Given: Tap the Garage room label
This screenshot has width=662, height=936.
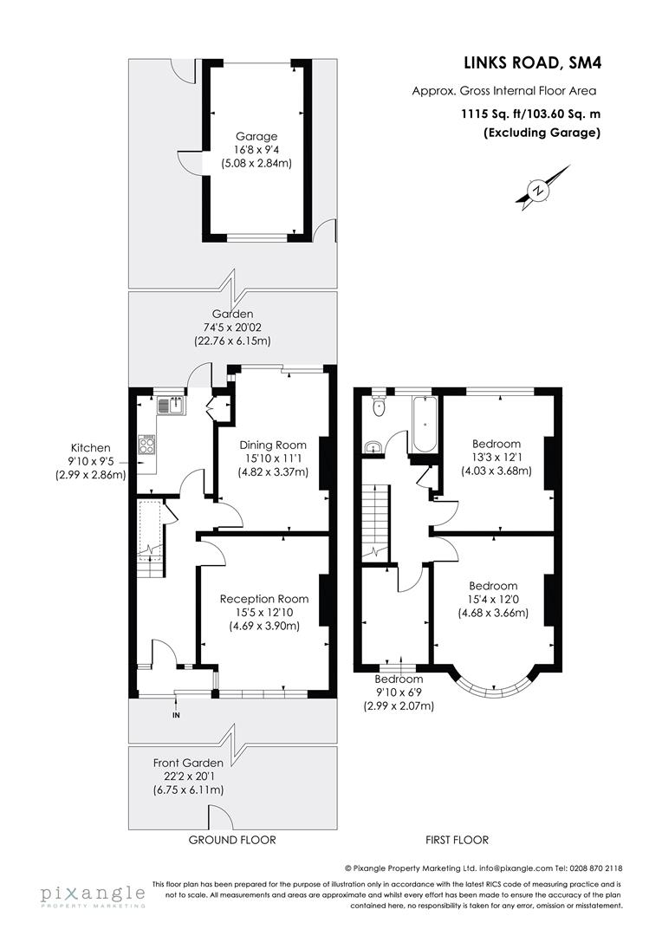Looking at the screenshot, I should coord(256,136).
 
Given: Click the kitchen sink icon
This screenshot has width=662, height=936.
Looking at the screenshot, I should coord(171,404).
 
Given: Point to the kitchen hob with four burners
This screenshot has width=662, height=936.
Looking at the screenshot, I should coord(147,446).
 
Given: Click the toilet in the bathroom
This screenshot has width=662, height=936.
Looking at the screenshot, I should coord(378,406).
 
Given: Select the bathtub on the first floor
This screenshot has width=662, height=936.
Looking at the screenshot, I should coord(425,425).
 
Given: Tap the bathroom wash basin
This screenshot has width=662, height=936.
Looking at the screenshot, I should coord(373,447).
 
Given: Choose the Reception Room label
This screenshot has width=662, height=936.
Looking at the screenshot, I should coord(264,599).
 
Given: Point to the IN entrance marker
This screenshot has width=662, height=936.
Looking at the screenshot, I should coord(176,715).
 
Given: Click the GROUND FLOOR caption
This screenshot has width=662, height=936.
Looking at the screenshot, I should coord(232,840).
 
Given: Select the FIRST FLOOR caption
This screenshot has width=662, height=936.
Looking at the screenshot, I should coord(457,840).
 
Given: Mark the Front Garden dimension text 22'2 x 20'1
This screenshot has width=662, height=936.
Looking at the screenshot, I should coord(188,776).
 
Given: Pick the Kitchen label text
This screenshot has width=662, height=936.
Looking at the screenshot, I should coord(91,447).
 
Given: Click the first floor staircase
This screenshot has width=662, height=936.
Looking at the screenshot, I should coord(376,520).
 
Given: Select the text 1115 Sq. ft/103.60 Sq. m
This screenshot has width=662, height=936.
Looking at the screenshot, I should coord(530,113).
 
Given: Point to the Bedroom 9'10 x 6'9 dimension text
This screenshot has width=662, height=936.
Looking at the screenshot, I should coord(399,693).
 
